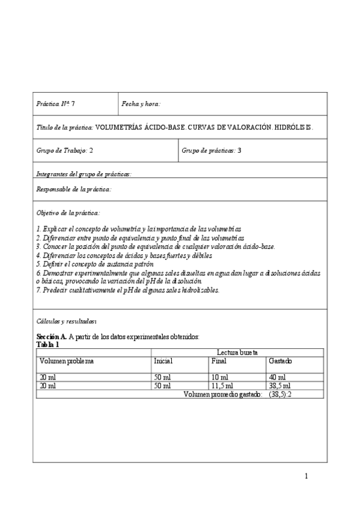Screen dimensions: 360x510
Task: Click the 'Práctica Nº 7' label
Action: point(56,104)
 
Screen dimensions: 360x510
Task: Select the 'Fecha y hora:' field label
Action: point(141,104)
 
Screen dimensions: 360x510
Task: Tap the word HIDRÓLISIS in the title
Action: point(294,127)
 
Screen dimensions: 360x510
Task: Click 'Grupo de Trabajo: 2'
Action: point(64,151)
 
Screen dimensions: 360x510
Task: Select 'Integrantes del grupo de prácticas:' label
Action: point(84,174)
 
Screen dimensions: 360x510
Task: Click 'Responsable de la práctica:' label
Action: point(73,189)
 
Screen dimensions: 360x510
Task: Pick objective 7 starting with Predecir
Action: point(128,289)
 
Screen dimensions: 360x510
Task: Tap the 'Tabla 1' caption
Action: point(48,344)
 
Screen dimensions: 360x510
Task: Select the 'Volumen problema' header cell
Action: point(66,361)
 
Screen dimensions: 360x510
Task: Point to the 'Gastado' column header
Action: point(281,361)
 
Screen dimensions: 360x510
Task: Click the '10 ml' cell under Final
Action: point(219,377)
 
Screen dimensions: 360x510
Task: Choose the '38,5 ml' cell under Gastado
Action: point(280,386)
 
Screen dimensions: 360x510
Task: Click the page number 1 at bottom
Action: point(306,476)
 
